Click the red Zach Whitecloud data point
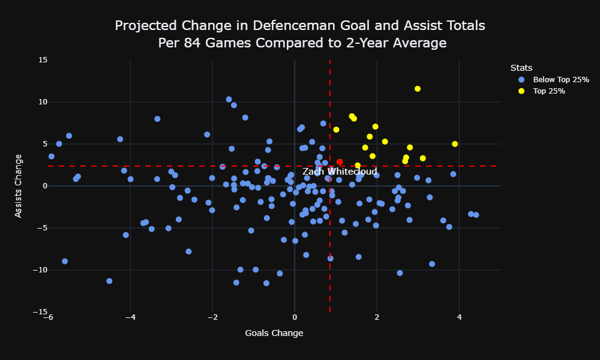coord(340,162)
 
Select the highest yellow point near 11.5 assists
coord(418,89)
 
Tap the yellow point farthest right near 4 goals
coord(455,144)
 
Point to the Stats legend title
coord(521,68)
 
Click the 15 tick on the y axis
coord(43,59)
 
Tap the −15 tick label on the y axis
coord(40,312)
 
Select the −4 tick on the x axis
coord(130,317)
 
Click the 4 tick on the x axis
coord(459,317)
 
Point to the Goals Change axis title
coord(274,333)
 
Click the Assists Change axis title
coord(18,186)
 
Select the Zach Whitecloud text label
coord(340,172)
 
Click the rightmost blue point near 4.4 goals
coord(476,215)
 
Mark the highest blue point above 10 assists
coord(229,100)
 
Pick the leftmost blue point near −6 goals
coord(51,157)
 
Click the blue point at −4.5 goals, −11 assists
coord(109,281)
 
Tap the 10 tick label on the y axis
coord(43,102)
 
